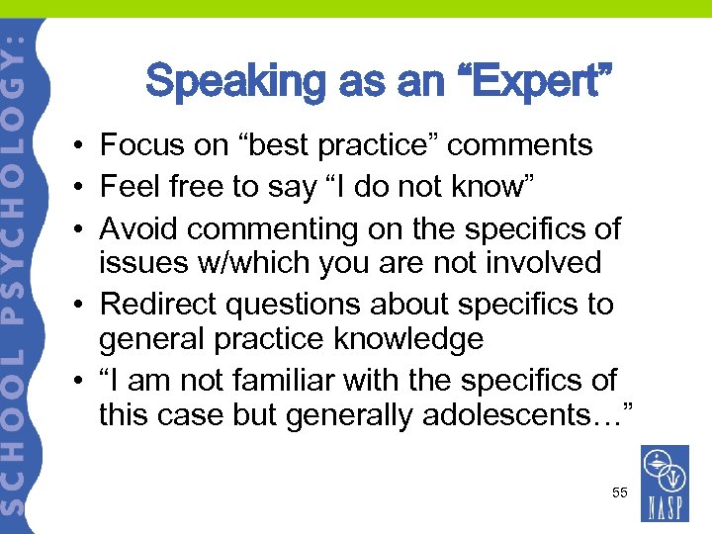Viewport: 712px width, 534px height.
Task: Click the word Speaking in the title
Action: [229, 82]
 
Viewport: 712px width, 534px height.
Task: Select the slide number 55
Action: [619, 491]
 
